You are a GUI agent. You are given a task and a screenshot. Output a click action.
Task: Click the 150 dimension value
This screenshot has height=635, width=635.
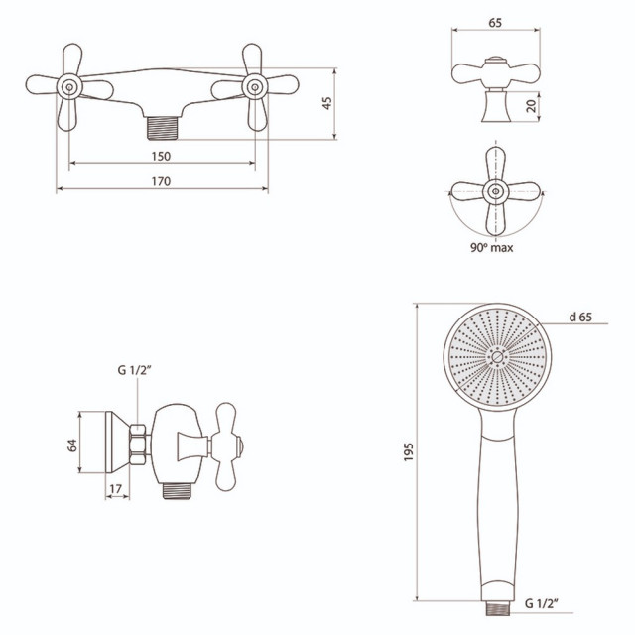click(161, 156)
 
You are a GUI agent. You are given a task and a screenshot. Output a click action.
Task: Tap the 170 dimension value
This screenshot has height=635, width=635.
click(161, 181)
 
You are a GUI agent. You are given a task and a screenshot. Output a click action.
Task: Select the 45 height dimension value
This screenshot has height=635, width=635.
click(326, 103)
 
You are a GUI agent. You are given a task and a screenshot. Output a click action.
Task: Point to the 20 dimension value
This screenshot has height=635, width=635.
click(532, 106)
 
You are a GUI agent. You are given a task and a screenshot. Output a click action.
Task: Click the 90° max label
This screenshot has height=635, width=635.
click(492, 247)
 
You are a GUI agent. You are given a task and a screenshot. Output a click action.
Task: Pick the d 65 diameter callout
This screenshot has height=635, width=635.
click(580, 317)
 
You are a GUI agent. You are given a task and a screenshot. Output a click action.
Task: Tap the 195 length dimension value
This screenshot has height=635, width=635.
click(408, 452)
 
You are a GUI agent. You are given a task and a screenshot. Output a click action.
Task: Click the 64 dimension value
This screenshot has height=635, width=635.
click(72, 445)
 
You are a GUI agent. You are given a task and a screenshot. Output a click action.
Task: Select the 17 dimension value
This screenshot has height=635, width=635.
click(115, 489)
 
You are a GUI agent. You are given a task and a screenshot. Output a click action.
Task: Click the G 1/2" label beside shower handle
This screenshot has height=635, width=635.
click(541, 603)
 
